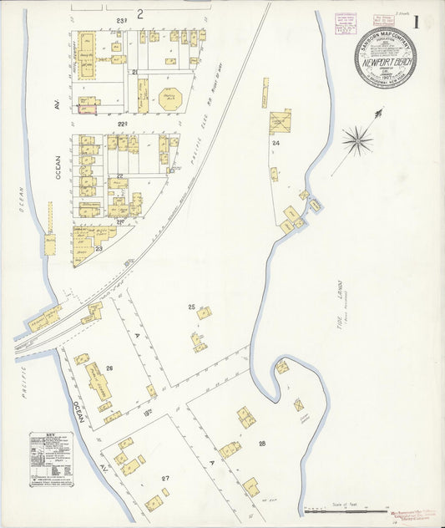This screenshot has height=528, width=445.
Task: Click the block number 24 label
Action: [x=274, y=143]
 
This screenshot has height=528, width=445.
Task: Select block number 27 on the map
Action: [x=165, y=477]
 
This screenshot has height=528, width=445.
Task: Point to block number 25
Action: [x=191, y=307]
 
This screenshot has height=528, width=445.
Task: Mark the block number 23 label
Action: [x=98, y=249]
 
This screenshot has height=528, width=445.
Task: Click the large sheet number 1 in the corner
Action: [x=427, y=21]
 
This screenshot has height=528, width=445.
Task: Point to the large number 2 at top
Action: [x=140, y=13]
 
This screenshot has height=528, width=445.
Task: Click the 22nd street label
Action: [x=120, y=176]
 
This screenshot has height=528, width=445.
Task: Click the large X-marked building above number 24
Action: [x=280, y=122]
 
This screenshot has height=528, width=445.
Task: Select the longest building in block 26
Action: [x=100, y=381]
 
